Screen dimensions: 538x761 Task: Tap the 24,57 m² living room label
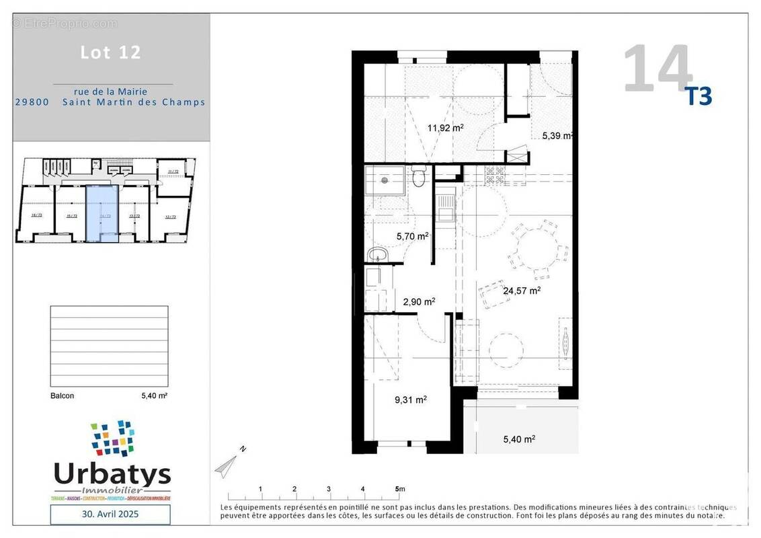tap(522, 291)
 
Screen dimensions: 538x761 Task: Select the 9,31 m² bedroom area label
tap(410, 399)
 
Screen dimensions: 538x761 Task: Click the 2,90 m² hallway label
tap(419, 301)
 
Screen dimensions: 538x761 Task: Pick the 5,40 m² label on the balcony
tap(519, 439)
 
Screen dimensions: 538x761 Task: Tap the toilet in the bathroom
tap(419, 178)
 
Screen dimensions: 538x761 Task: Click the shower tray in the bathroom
tap(385, 180)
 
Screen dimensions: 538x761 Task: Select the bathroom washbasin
tap(377, 255)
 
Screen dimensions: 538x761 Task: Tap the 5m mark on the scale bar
tap(399, 489)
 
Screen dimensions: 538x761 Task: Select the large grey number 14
tap(657, 69)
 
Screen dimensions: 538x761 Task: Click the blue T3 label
tap(698, 98)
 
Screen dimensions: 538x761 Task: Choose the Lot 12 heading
tap(111, 52)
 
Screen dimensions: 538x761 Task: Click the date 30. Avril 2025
tap(111, 514)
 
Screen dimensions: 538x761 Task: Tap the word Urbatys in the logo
tap(112, 474)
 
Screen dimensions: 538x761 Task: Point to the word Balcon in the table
tap(63, 396)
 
